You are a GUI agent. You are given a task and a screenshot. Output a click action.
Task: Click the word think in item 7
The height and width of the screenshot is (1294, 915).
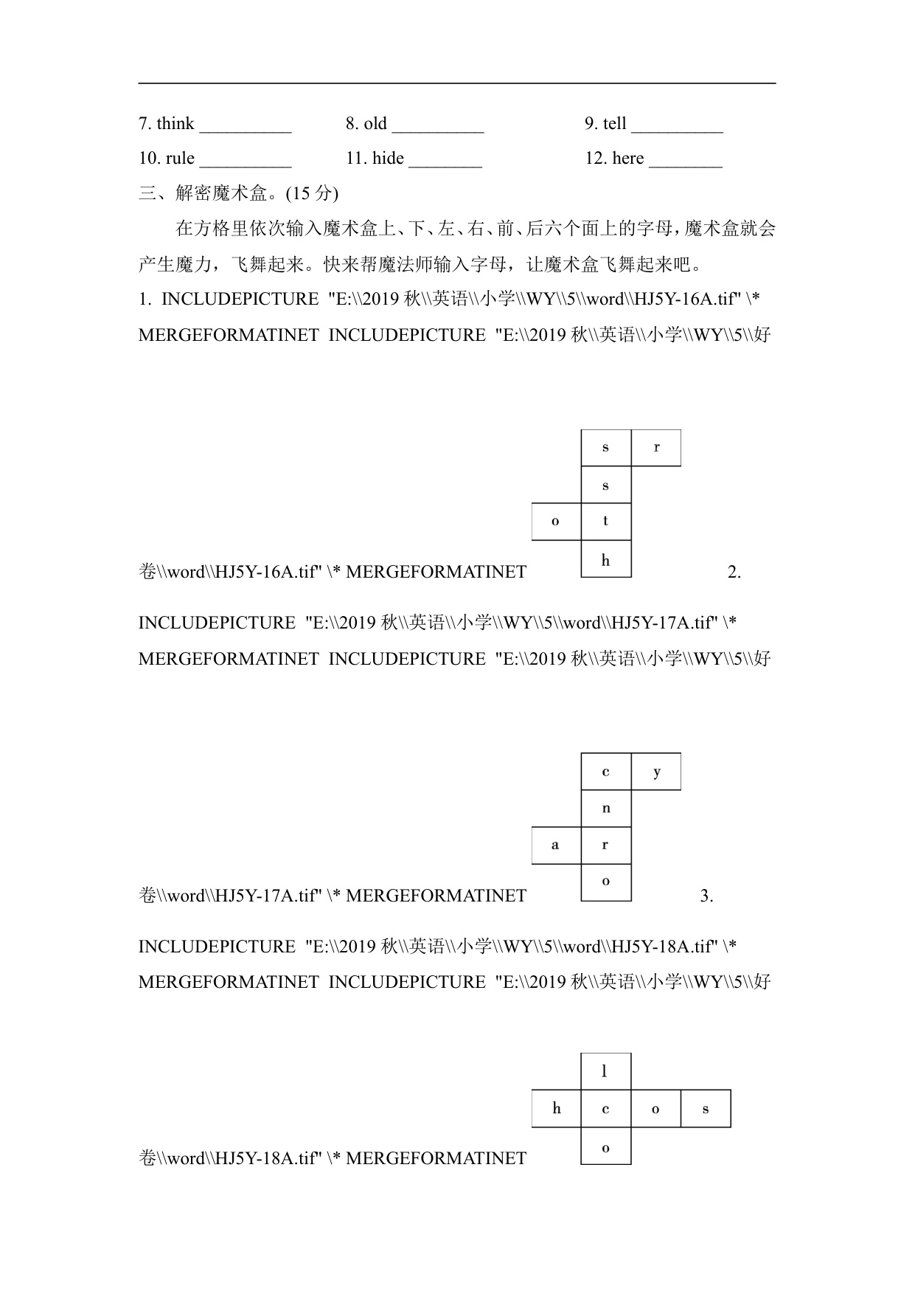click(175, 124)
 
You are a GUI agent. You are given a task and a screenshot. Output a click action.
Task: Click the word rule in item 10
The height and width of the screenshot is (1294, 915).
click(180, 159)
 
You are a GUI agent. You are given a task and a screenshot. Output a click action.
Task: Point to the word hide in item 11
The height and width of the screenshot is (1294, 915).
click(388, 159)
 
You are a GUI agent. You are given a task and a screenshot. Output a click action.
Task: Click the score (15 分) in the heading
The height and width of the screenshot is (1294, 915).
click(312, 193)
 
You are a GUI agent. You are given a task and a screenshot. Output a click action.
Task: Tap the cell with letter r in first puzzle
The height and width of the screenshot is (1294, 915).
click(656, 448)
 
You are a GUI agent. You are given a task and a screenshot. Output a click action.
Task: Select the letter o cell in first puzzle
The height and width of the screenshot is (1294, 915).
click(556, 522)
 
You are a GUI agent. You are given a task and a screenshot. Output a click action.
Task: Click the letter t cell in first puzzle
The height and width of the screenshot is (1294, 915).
click(606, 522)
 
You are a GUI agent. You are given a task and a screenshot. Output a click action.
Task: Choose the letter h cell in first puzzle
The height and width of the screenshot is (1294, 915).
click(606, 559)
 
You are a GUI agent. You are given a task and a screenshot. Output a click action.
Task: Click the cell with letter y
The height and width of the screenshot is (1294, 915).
click(656, 772)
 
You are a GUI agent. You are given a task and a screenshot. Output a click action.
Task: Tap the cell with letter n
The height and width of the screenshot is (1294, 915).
click(606, 809)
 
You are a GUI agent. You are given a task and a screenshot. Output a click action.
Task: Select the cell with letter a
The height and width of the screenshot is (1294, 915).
click(556, 845)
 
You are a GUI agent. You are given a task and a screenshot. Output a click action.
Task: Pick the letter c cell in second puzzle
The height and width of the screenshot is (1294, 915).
click(606, 772)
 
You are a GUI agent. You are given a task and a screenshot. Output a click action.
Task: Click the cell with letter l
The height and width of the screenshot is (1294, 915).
click(605, 1071)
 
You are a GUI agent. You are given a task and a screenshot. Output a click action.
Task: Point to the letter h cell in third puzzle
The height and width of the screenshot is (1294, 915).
click(557, 1108)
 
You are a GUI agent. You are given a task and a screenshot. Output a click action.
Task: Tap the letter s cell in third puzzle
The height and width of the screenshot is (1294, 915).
click(706, 1108)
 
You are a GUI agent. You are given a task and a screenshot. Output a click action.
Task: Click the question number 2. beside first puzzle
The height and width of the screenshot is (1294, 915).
click(734, 572)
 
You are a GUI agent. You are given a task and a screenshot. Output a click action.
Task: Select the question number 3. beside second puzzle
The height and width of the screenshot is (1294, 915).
click(706, 896)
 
